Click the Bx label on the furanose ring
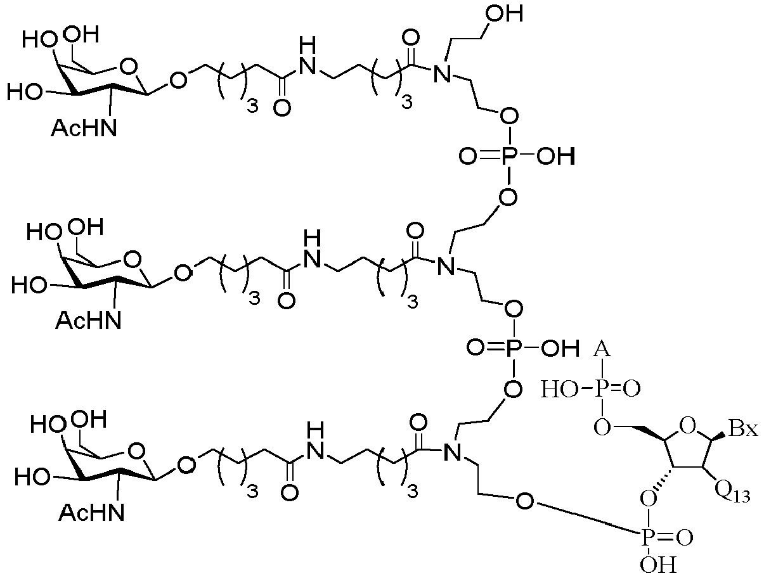743,429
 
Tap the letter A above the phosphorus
602,349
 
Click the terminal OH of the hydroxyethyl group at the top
504,15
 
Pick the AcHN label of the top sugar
84,129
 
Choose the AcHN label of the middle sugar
88,321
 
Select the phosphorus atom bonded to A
602,389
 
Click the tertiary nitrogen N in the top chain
442,74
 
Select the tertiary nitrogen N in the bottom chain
453,451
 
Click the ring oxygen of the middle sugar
133,259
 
